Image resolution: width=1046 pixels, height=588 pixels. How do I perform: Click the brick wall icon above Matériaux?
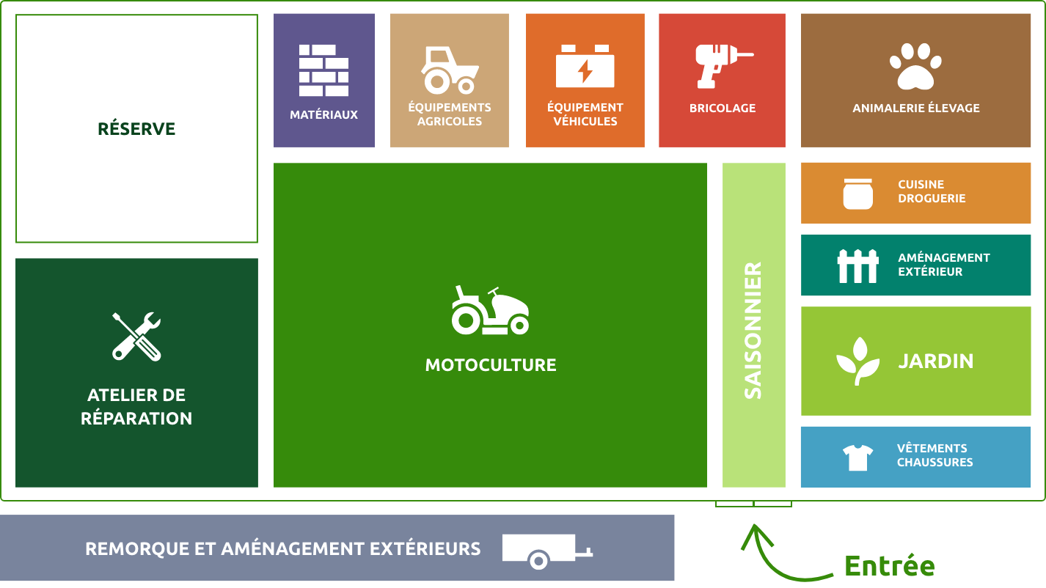pyautogui.click(x=323, y=70)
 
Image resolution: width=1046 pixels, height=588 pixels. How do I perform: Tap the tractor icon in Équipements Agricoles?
pyautogui.click(x=449, y=70)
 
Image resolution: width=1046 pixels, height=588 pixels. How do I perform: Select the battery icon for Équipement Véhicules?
pyautogui.click(x=585, y=67)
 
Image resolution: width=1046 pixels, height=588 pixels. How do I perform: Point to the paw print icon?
pyautogui.click(x=915, y=66)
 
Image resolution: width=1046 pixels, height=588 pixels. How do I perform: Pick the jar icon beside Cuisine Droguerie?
pyautogui.click(x=857, y=194)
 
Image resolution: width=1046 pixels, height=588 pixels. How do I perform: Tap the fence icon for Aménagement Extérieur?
pyautogui.click(x=857, y=266)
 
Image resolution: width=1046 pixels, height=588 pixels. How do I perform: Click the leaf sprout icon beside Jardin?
pyautogui.click(x=857, y=361)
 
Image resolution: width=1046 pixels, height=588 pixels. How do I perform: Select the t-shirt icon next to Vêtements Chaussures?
pyautogui.click(x=857, y=457)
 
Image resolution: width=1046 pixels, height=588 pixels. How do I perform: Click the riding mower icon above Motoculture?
pyautogui.click(x=490, y=311)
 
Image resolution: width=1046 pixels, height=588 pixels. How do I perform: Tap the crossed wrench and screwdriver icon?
pyautogui.click(x=136, y=337)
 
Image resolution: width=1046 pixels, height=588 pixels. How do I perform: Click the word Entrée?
pyautogui.click(x=889, y=566)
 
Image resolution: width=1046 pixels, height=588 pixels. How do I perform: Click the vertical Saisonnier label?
pyautogui.click(x=753, y=331)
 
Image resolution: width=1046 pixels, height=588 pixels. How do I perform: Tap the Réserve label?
pyautogui.click(x=136, y=129)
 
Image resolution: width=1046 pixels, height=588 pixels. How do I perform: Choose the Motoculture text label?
pyautogui.click(x=491, y=365)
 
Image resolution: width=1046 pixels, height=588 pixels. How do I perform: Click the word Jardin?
pyautogui.click(x=936, y=361)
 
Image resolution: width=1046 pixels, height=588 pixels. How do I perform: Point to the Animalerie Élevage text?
pyautogui.click(x=915, y=109)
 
